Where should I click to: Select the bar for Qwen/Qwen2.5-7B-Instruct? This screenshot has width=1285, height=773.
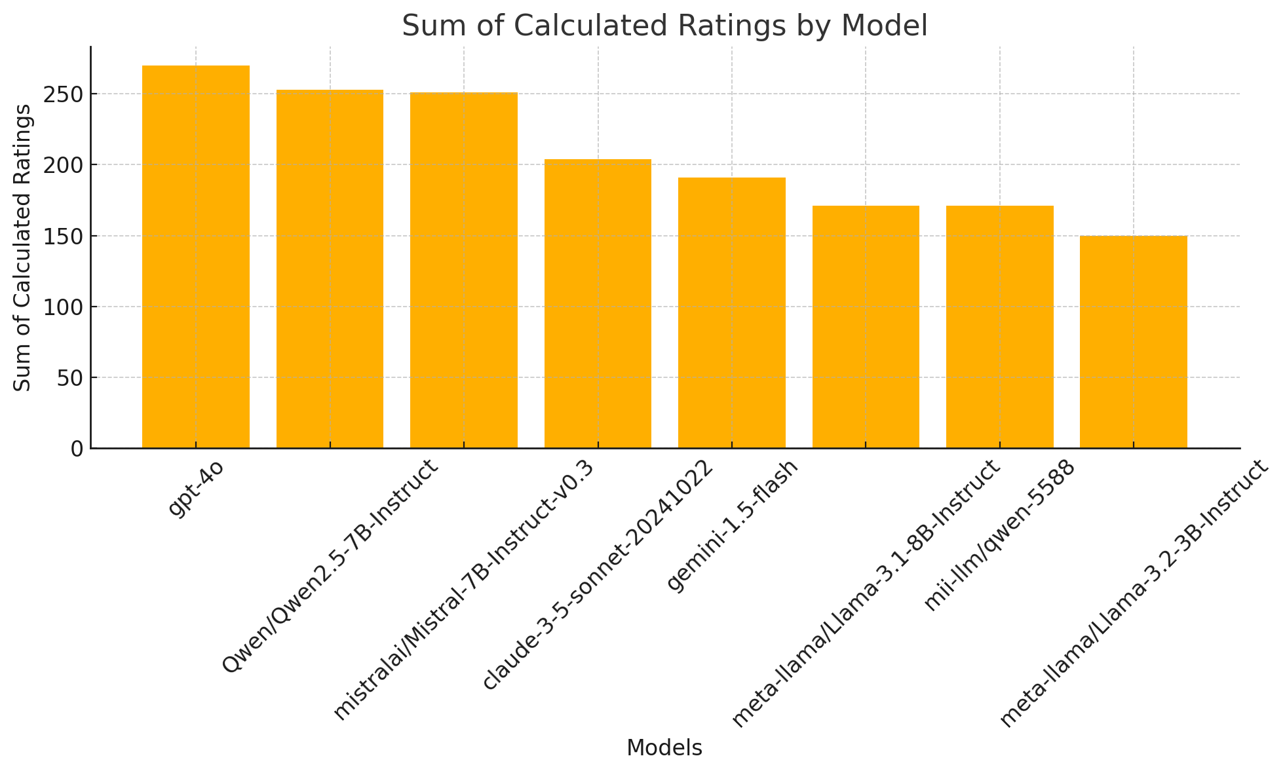[330, 269]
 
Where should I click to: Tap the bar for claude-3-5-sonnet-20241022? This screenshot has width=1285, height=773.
[598, 303]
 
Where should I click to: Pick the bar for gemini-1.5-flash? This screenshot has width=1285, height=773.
[731, 312]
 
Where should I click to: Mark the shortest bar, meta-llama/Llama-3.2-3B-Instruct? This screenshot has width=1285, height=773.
[1133, 342]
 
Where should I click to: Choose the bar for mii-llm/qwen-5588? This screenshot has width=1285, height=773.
[999, 327]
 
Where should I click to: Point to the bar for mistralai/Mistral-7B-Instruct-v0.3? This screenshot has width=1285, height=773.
[463, 270]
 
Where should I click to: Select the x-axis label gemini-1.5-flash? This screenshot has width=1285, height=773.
[732, 525]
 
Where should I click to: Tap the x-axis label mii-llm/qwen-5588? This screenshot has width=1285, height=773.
[999, 535]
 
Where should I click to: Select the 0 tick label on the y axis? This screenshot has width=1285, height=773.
[77, 449]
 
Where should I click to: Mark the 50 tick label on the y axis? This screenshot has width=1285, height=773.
[71, 378]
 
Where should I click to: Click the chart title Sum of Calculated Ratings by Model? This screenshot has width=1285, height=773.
[664, 26]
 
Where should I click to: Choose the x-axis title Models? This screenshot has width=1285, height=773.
[664, 748]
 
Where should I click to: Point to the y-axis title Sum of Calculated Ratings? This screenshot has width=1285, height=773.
[23, 248]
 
